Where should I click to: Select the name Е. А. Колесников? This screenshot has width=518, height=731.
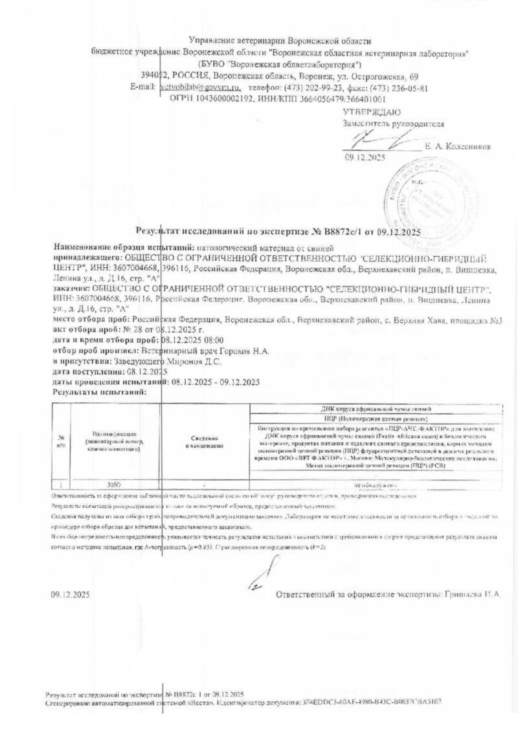pyautogui.click(x=458, y=147)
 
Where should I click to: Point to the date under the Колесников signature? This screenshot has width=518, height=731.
pyautogui.click(x=365, y=157)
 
